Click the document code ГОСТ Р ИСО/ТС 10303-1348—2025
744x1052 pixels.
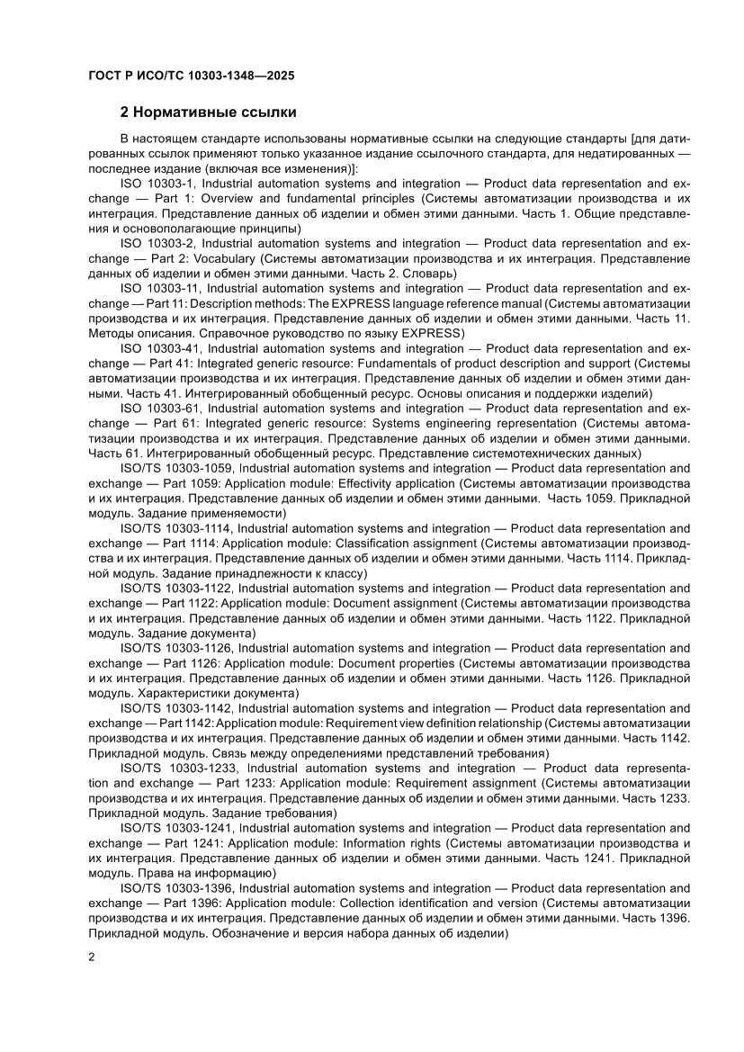[x=192, y=76]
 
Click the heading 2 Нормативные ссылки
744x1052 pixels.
[x=209, y=113]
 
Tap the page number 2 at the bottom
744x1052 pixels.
[x=92, y=957]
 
